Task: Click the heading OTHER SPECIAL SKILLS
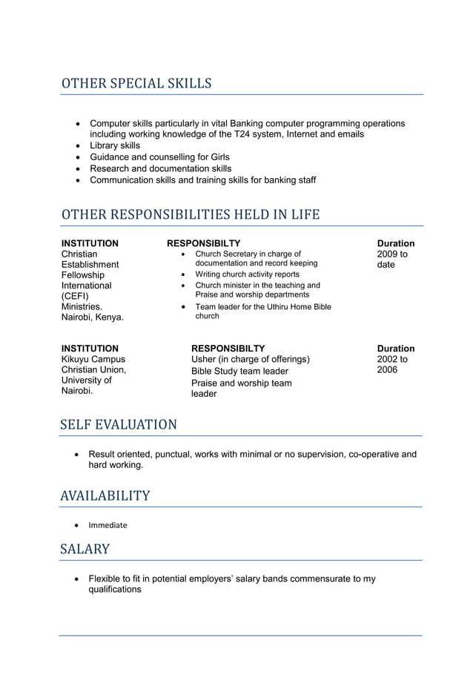pyautogui.click(x=136, y=84)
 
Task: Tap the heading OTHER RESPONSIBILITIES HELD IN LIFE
pyautogui.click(x=191, y=215)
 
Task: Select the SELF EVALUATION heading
pyautogui.click(x=119, y=425)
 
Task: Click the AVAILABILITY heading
pyautogui.click(x=105, y=495)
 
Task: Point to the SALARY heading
pyautogui.click(x=85, y=550)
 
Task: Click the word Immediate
pyautogui.click(x=107, y=525)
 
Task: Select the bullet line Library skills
pyautogui.click(x=115, y=145)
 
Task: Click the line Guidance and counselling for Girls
pyautogui.click(x=159, y=157)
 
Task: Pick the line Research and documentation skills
pyautogui.click(x=161, y=168)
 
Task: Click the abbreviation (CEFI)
pyautogui.click(x=75, y=296)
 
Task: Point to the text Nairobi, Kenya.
pyautogui.click(x=93, y=317)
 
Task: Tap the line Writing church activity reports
pyautogui.click(x=247, y=274)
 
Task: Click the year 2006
pyautogui.click(x=387, y=370)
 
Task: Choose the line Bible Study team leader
pyautogui.click(x=239, y=371)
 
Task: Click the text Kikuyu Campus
pyautogui.click(x=93, y=360)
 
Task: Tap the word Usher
pyautogui.click(x=205, y=360)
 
